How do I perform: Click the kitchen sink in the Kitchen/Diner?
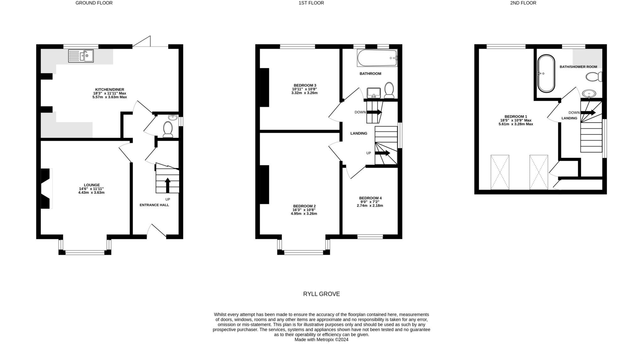click(81, 56)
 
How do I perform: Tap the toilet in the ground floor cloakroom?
click(168, 129)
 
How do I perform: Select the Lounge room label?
click(92, 185)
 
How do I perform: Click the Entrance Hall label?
click(154, 205)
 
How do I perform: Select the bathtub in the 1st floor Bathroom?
click(377, 58)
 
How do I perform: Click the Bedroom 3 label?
click(305, 85)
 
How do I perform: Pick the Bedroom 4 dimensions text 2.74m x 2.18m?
click(370, 206)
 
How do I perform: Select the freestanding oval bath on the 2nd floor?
click(546, 74)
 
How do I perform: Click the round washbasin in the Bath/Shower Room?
click(589, 94)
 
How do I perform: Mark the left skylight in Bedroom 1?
click(500, 172)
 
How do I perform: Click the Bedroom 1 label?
click(516, 116)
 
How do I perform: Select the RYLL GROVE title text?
click(321, 294)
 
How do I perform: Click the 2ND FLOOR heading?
click(523, 3)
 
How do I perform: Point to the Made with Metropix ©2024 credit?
click(321, 340)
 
